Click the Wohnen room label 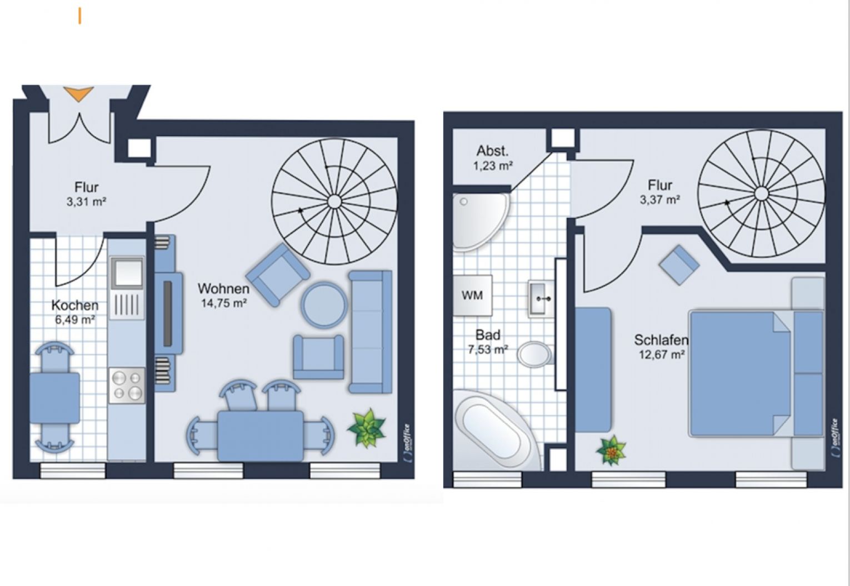223,289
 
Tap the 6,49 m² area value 74,319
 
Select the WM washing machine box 472,295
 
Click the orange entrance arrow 78,94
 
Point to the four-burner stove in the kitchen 127,385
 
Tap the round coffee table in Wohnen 324,304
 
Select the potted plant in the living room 367,428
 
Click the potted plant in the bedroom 611,450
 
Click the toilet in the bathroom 534,354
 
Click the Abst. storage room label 492,151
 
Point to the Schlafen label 661,340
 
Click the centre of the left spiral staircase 334,201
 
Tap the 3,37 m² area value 659,200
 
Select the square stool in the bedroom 679,265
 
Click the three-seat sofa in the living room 370,332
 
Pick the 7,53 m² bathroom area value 488,350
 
